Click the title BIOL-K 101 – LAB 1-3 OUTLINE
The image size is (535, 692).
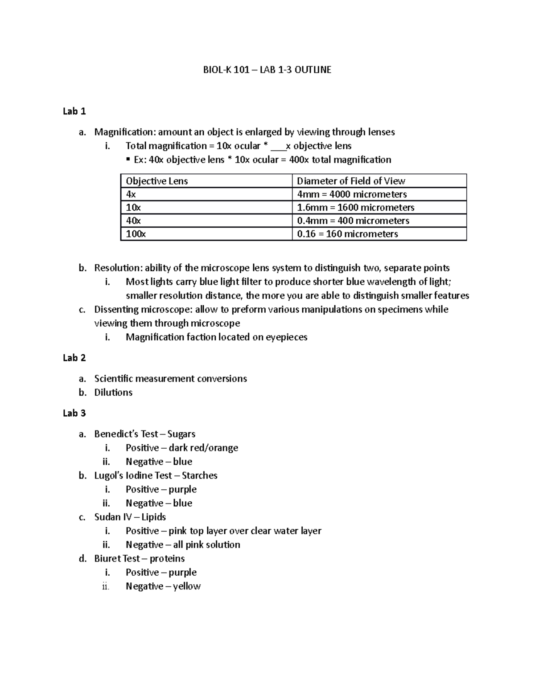(267, 70)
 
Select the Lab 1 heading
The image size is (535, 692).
(74, 111)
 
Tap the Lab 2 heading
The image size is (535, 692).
(74, 358)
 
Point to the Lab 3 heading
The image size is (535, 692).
(74, 413)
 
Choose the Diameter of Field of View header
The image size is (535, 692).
(351, 181)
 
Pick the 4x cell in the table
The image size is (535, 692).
(131, 194)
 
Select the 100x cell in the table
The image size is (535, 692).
(136, 234)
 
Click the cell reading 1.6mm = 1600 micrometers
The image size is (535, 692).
(356, 208)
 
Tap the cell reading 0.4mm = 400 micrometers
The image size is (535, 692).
(353, 221)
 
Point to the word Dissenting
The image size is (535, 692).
(115, 309)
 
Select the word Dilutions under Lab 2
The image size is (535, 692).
(113, 393)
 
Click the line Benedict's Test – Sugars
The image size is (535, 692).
(145, 434)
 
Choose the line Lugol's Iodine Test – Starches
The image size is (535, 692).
(156, 475)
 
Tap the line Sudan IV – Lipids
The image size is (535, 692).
(130, 517)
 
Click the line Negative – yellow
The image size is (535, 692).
(163, 586)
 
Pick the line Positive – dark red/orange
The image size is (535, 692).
(182, 448)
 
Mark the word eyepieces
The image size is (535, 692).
(287, 337)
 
